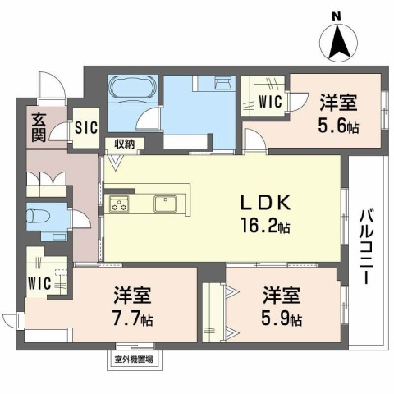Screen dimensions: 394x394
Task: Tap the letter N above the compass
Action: click(x=335, y=16)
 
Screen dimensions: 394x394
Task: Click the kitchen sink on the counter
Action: click(x=164, y=202)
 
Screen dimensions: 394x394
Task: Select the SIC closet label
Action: click(x=85, y=127)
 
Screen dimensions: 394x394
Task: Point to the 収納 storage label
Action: click(x=125, y=144)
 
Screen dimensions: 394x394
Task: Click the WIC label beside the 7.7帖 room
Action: click(x=38, y=284)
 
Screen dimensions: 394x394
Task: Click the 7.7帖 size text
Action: click(x=131, y=318)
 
